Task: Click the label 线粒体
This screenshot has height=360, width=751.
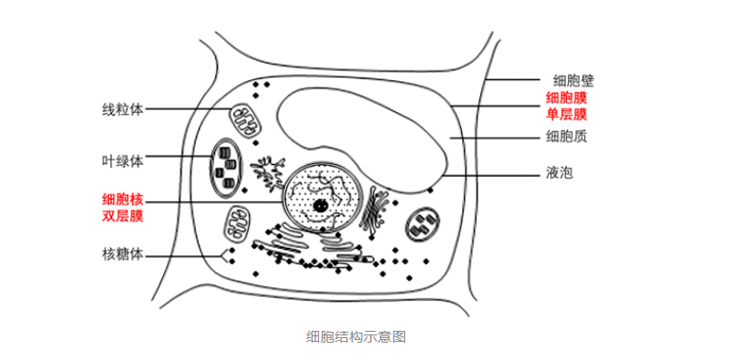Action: coord(123,109)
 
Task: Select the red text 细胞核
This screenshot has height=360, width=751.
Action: coord(123,199)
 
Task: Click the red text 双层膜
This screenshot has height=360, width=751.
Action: coord(123,216)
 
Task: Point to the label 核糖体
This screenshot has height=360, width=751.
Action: coord(123,253)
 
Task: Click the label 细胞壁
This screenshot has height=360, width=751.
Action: coord(573,80)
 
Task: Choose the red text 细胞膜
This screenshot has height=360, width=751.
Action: coord(567,98)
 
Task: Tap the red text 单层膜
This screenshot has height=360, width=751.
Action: coord(567,115)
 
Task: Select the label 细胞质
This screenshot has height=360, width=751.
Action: coord(567,138)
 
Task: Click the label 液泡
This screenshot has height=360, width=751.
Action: coord(560,173)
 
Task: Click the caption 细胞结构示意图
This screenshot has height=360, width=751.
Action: coord(355,336)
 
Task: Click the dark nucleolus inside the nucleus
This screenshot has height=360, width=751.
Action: coord(317,206)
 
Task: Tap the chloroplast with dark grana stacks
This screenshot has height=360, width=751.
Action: coord(227,168)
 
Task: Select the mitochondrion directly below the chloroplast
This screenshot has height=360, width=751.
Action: coord(238,223)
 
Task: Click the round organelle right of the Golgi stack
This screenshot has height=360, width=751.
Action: coord(423,224)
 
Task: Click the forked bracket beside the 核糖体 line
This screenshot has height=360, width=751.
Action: coord(224,256)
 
